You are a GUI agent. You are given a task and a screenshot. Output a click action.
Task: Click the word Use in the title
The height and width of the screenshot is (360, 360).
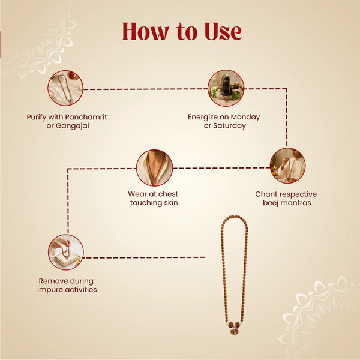(x=223, y=31)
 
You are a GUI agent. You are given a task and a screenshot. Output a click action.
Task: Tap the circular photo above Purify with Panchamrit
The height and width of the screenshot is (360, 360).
(x=65, y=88)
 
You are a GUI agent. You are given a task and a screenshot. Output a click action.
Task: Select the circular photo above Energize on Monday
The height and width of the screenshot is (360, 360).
(x=226, y=88)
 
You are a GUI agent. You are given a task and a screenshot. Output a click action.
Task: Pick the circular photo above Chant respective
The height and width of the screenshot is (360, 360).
(x=287, y=166)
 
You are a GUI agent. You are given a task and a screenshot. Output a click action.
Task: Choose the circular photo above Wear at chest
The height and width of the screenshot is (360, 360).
(x=154, y=168)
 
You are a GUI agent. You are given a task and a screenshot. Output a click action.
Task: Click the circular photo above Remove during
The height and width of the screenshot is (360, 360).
(x=66, y=252)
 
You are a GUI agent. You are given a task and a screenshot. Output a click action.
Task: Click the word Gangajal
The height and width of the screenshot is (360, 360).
(x=73, y=126)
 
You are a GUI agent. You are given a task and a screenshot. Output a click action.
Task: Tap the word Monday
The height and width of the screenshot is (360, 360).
(x=245, y=117)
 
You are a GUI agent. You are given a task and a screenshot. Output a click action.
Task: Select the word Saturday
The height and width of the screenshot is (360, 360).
(x=229, y=125)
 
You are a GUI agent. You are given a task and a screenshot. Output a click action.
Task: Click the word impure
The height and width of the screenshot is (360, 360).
(x=50, y=290)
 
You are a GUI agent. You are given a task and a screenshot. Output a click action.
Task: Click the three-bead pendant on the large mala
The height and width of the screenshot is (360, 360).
(x=234, y=328)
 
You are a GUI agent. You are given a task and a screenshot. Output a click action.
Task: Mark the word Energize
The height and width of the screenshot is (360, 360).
(x=203, y=118)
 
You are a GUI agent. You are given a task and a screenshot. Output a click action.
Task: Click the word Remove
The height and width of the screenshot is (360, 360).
(x=51, y=281)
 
